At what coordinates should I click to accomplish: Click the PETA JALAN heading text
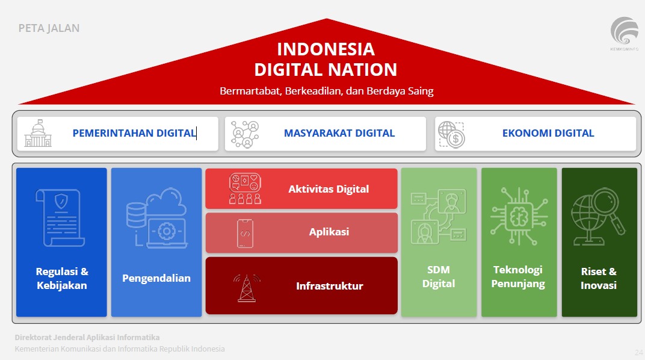click(x=49, y=28)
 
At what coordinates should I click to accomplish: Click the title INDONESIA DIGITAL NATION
click(x=326, y=59)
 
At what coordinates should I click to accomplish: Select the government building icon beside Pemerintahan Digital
click(x=38, y=133)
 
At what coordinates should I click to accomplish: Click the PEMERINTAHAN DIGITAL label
click(x=134, y=133)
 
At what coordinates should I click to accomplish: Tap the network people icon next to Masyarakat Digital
click(x=245, y=134)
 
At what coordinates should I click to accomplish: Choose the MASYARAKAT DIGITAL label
click(x=339, y=133)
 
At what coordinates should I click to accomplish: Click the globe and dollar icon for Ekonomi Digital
click(x=451, y=134)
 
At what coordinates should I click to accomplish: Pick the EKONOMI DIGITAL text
click(x=548, y=133)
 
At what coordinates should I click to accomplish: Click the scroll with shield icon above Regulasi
click(x=61, y=217)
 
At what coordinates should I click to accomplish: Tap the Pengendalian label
click(x=156, y=278)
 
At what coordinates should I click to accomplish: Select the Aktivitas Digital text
click(x=329, y=189)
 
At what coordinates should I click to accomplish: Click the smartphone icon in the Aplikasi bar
click(x=245, y=233)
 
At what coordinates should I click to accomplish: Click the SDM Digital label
click(x=438, y=277)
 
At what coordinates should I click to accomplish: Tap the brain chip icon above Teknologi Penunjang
click(x=518, y=217)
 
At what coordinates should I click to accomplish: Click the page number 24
click(x=638, y=352)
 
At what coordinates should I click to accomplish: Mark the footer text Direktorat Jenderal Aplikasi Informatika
click(x=87, y=338)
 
